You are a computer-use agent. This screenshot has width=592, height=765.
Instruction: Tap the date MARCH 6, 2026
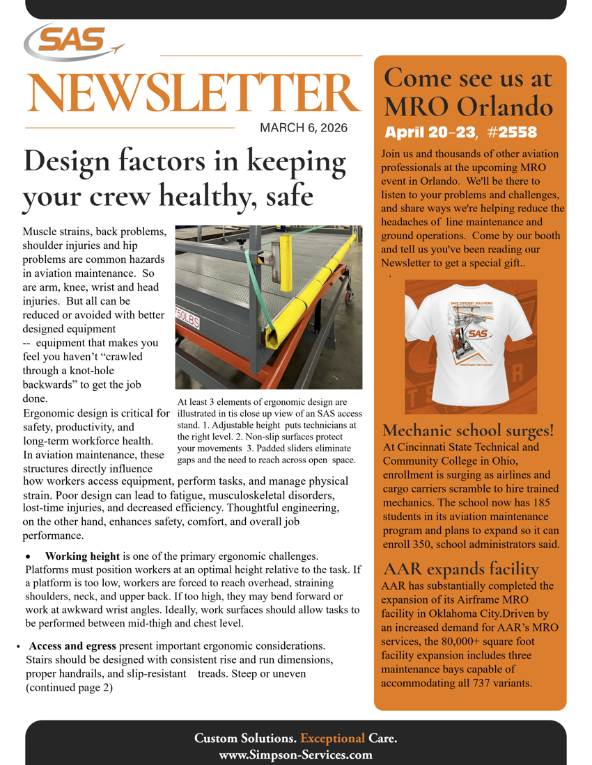click(x=303, y=128)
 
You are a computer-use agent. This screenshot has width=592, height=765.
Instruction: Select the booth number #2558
click(x=513, y=132)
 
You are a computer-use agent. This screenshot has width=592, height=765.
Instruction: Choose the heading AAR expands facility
click(x=461, y=570)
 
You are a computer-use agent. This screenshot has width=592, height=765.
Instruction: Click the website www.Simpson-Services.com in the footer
click(x=295, y=754)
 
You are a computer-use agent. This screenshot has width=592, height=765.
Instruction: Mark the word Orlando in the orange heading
click(x=506, y=106)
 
